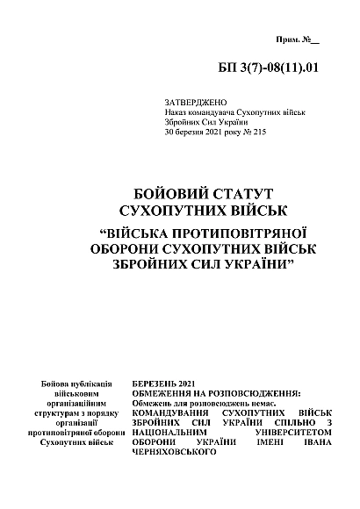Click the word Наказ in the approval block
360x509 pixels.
176,113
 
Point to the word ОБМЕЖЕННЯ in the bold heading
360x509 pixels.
161,394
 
